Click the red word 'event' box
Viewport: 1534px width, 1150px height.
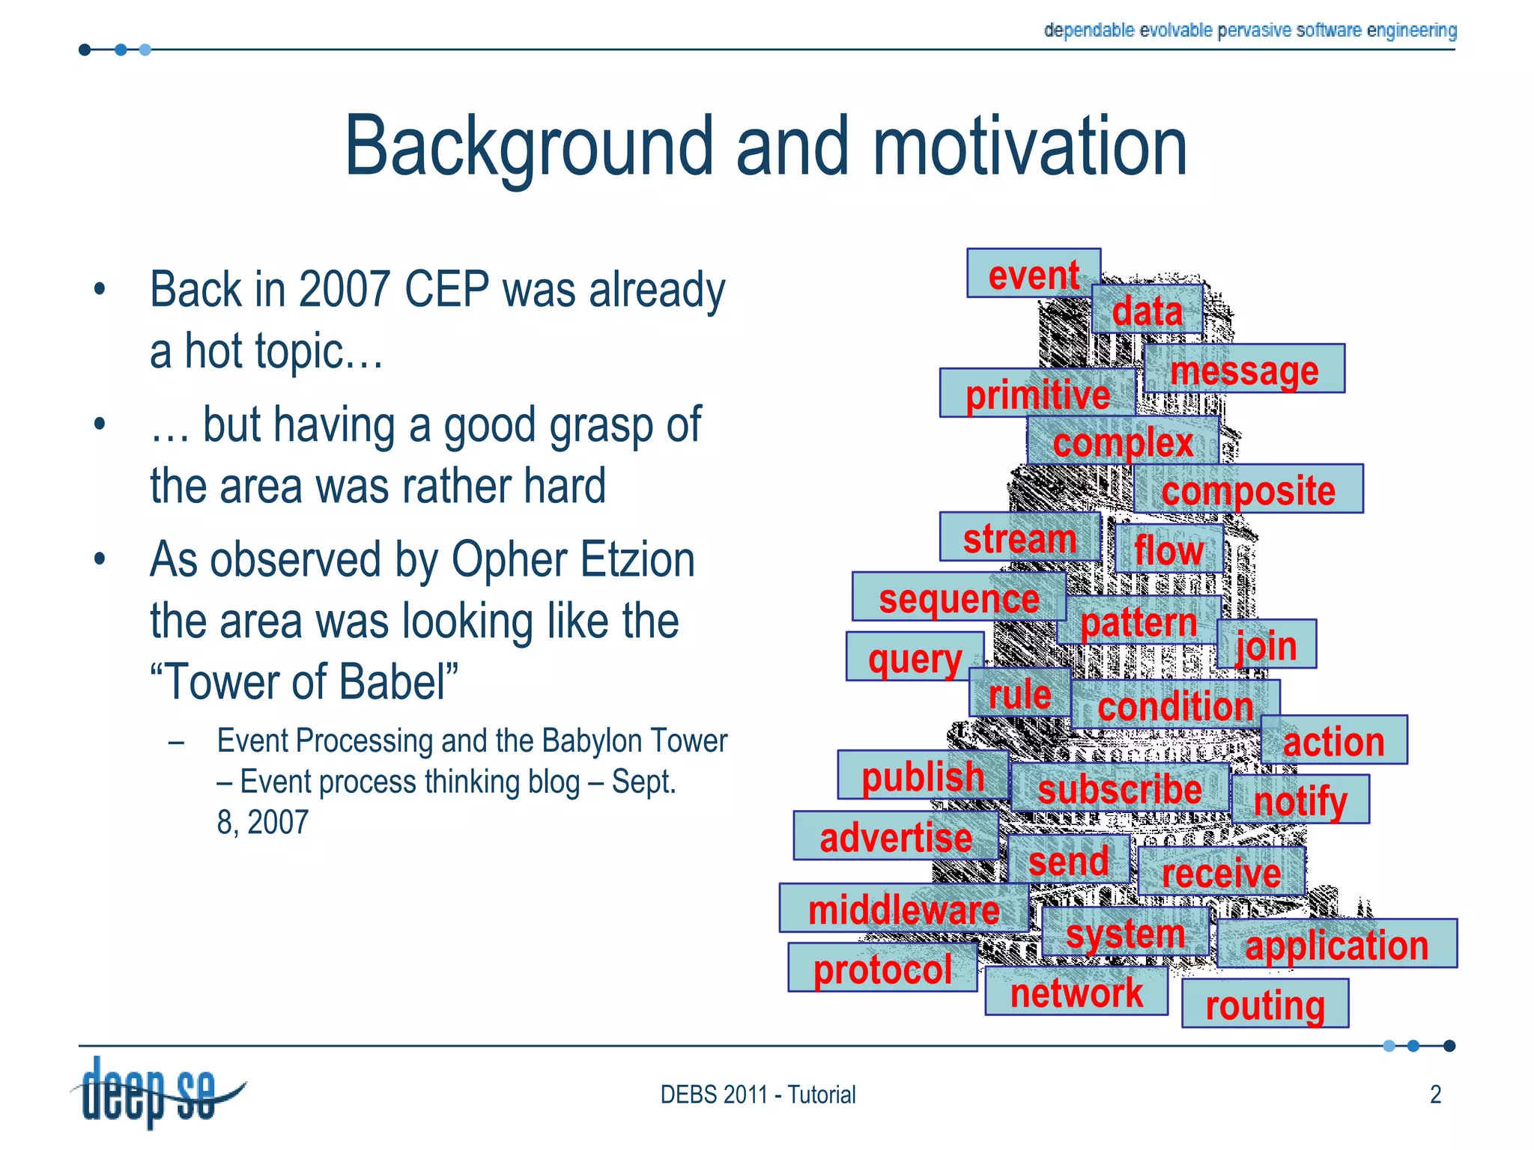tap(1033, 274)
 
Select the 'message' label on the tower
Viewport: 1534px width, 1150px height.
tap(1244, 369)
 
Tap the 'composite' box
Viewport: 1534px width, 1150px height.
tap(1248, 490)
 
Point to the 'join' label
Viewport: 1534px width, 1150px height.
tap(1266, 645)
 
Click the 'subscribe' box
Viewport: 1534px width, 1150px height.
tap(1119, 788)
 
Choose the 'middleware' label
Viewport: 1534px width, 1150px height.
tap(903, 909)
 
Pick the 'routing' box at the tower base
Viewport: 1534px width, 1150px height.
tap(1265, 1004)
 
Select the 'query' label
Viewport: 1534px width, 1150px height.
tap(915, 657)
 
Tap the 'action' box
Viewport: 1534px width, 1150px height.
tap(1333, 740)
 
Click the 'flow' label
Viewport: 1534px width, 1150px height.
tap(1168, 550)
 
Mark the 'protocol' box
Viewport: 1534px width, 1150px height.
tap(882, 968)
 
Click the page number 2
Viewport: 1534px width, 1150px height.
tap(1435, 1095)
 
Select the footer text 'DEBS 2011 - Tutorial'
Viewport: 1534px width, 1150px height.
tap(757, 1095)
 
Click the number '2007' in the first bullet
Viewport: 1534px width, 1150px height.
tap(345, 290)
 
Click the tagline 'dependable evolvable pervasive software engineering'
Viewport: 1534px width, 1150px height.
tap(1249, 30)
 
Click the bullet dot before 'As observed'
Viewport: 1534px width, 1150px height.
tap(100, 559)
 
